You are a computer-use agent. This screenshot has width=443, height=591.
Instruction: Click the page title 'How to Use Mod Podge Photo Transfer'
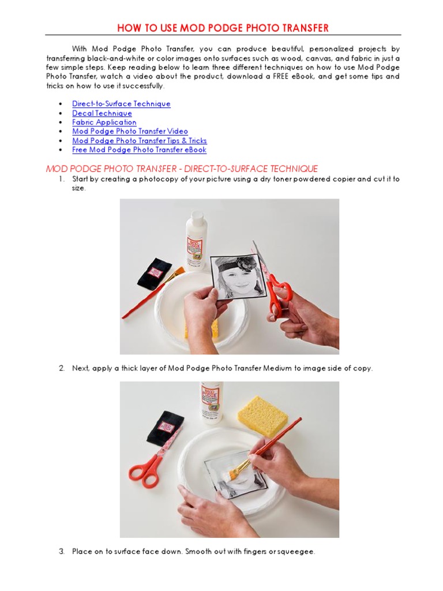[223, 28]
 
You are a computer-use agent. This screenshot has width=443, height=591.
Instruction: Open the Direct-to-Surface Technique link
[121, 104]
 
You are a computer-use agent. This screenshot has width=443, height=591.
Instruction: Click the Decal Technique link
[102, 113]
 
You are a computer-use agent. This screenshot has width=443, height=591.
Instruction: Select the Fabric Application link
[104, 122]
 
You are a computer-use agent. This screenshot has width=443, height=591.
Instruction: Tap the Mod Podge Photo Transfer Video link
[130, 132]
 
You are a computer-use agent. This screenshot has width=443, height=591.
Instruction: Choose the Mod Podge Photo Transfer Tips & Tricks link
[139, 141]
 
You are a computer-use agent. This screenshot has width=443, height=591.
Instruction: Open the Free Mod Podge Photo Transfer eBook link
[139, 150]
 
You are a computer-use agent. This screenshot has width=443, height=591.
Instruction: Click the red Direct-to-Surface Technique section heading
[182, 169]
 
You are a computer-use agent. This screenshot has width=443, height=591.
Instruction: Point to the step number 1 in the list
[61, 179]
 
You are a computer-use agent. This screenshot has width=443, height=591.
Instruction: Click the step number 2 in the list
[61, 368]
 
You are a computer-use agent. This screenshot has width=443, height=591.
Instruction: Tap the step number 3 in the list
[61, 552]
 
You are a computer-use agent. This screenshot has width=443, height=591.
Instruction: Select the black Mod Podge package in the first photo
[154, 272]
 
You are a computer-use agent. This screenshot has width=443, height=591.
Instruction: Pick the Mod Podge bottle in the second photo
[211, 407]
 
